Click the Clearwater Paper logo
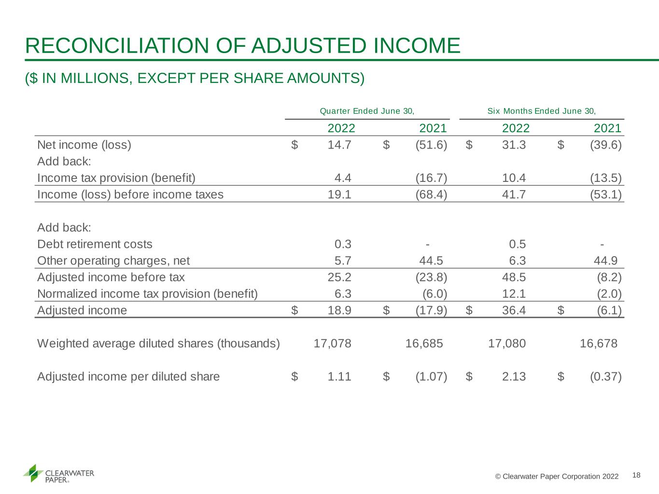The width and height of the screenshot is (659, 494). coord(58,474)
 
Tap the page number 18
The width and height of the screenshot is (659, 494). coord(636,475)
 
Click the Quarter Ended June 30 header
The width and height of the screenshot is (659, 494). coord(367,111)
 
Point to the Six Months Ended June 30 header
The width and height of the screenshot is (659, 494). coord(541,111)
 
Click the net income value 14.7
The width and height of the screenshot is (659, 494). coord(339,145)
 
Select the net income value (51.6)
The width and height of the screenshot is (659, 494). coord(432,145)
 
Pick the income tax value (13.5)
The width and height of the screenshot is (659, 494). coord(606,178)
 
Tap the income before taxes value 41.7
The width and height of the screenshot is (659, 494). coord(514,194)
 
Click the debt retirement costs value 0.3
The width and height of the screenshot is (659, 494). coord(343,244)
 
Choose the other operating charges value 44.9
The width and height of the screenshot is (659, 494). coord(605,261)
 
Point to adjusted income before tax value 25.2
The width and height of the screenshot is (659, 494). coord(339,277)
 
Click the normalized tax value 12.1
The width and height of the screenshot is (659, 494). coord(514,294)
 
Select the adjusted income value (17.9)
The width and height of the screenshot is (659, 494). coord(432,310)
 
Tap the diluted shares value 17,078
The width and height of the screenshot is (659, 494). coord(332,343)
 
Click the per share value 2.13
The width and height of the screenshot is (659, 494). coord(514,376)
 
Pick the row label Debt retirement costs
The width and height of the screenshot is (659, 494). coord(95,244)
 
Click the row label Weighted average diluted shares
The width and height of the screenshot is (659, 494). coord(158,343)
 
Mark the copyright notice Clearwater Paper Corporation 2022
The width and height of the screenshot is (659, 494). coord(557,476)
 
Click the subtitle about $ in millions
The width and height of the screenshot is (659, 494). coord(195,78)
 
